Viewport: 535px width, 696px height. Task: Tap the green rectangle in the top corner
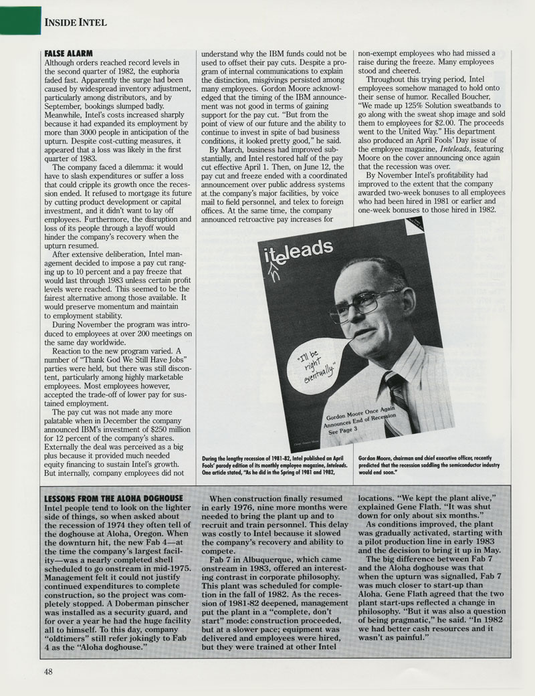18,17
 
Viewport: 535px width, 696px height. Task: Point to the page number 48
48,671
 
